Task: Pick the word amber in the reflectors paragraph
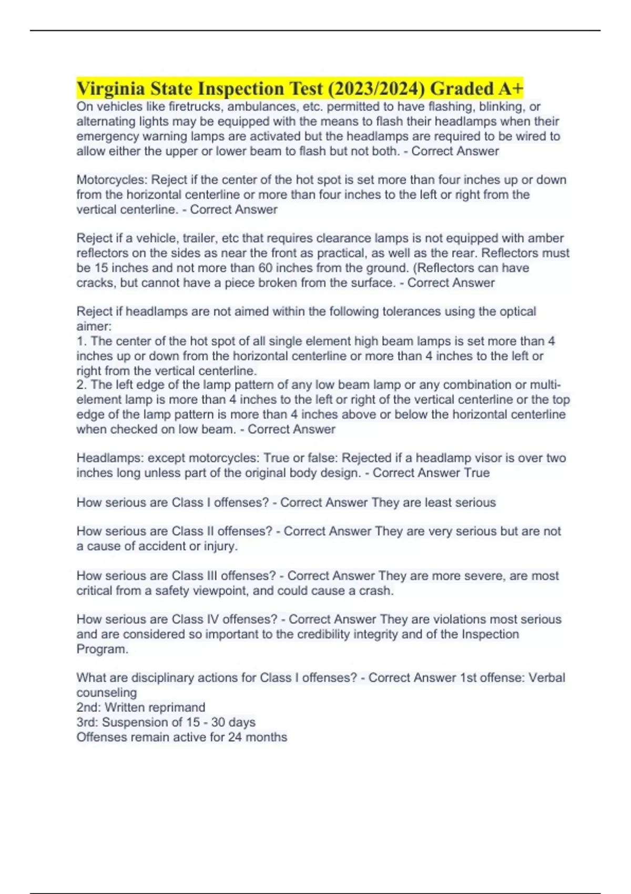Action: [x=545, y=238]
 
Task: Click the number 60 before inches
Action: [x=266, y=268]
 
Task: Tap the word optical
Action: [x=516, y=311]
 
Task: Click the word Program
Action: [x=102, y=649]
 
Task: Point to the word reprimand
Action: [x=173, y=707]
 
